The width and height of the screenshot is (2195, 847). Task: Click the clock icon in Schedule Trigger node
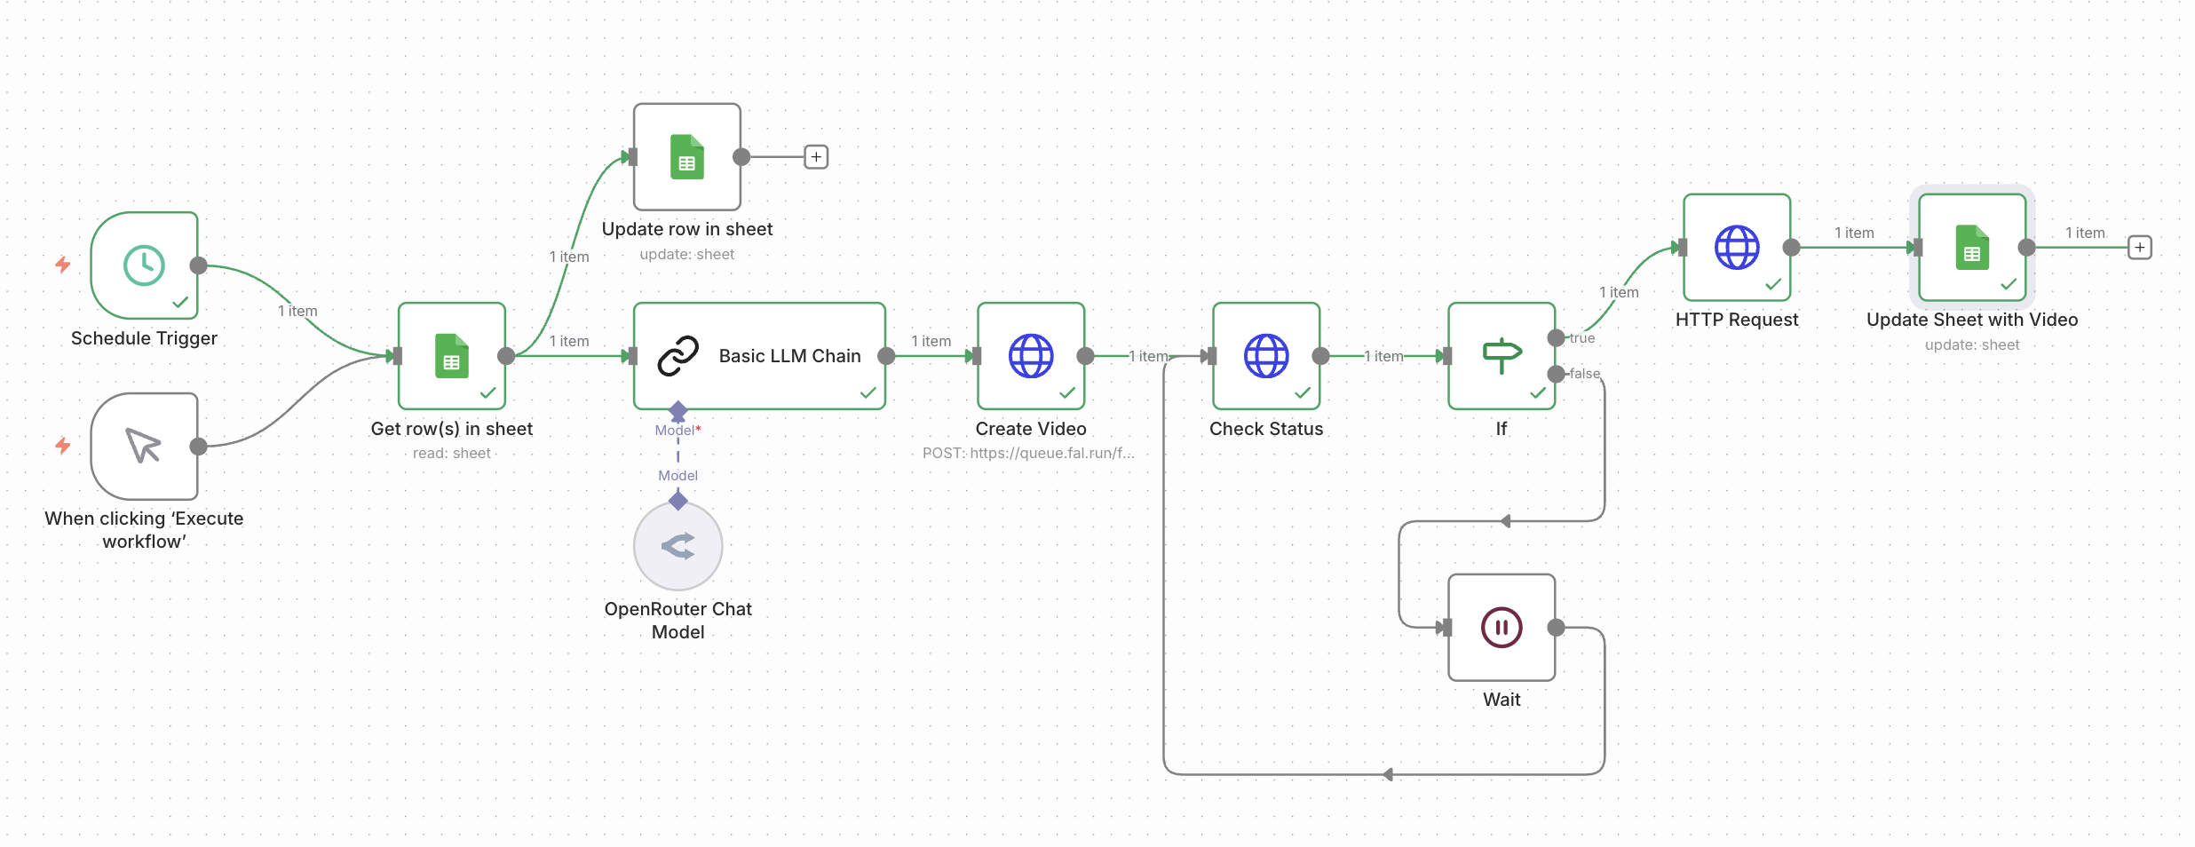144,265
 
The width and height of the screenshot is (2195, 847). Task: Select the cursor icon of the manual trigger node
143,446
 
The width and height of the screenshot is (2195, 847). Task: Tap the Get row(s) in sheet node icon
452,356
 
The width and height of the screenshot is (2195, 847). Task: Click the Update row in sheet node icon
686,157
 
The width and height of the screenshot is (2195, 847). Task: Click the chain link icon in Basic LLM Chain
678,356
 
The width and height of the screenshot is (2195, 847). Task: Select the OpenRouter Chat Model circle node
678,546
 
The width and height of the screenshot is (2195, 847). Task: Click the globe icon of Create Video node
1031,356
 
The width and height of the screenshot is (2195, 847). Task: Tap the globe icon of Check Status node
1266,356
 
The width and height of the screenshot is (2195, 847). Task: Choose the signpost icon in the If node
1502,355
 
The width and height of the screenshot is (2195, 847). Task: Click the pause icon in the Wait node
1502,628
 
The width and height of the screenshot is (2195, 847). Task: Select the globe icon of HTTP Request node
1737,248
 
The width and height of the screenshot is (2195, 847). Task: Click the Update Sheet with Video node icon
1972,248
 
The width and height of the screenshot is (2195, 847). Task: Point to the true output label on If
1582,338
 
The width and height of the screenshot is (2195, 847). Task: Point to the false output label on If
1584,374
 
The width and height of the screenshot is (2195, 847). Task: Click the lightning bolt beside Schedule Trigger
63,265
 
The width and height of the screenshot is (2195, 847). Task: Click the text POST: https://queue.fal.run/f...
1028,453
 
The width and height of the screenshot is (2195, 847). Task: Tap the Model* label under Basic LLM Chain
678,431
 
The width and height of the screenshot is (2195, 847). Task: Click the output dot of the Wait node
1556,628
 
